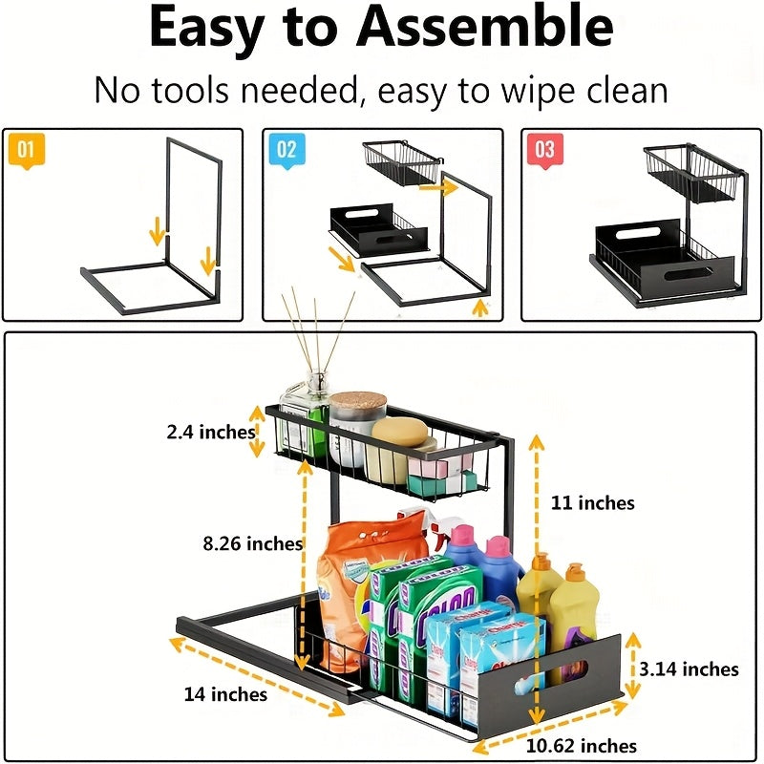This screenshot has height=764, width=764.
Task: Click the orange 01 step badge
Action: click(27, 151)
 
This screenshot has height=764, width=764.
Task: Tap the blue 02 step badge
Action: click(286, 151)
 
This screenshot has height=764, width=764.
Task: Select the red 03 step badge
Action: click(544, 151)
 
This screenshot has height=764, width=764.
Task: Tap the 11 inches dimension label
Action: click(592, 502)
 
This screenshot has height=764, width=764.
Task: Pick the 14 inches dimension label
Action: click(225, 693)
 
